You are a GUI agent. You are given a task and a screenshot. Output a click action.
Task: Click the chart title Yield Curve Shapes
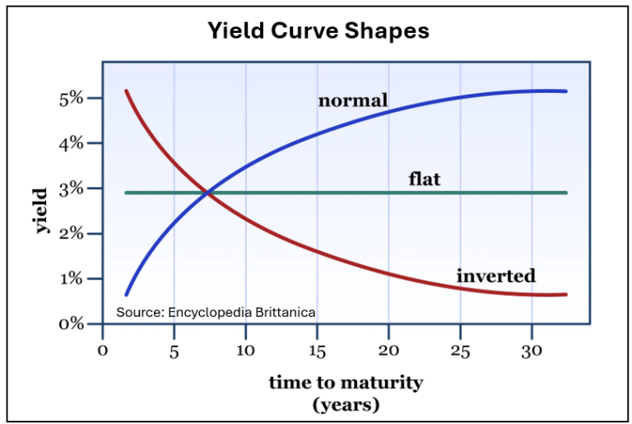point(318,31)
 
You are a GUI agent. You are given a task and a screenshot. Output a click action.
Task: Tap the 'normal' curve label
point(353,101)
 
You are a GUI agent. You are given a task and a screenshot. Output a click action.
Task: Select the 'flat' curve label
point(425,178)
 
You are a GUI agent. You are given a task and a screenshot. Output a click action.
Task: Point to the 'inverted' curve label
point(496,276)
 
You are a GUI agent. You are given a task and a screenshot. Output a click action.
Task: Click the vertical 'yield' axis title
point(42,211)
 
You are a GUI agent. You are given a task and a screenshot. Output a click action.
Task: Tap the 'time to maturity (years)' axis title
point(346,393)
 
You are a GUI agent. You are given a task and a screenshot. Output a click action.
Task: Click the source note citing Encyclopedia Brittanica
point(216,313)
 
